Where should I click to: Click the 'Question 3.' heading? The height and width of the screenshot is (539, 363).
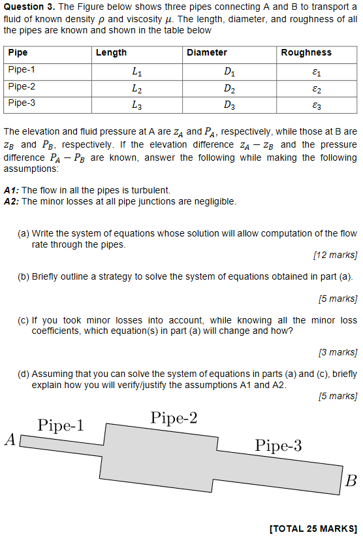pos(28,7)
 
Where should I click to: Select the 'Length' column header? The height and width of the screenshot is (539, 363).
pos(111,52)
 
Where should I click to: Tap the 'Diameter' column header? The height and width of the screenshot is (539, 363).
pos(206,52)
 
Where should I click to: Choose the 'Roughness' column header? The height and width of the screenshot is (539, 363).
pos(306,52)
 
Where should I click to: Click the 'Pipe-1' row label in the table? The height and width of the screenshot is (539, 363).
pos(22,69)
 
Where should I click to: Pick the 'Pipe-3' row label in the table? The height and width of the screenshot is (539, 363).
pos(22,103)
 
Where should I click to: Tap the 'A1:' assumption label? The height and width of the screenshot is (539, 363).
pos(11,190)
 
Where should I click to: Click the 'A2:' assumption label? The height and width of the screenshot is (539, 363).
pos(11,201)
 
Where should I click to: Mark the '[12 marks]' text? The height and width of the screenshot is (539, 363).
pos(335,255)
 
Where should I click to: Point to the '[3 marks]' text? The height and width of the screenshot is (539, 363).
pos(338,353)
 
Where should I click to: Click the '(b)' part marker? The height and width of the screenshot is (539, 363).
pos(24,276)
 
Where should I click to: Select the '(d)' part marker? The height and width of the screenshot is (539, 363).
pos(24,374)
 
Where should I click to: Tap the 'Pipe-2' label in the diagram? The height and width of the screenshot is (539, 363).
pos(174,418)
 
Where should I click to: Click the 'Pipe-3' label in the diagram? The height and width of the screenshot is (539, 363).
pos(278,446)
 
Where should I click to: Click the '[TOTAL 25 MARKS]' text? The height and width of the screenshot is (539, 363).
pos(313,528)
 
